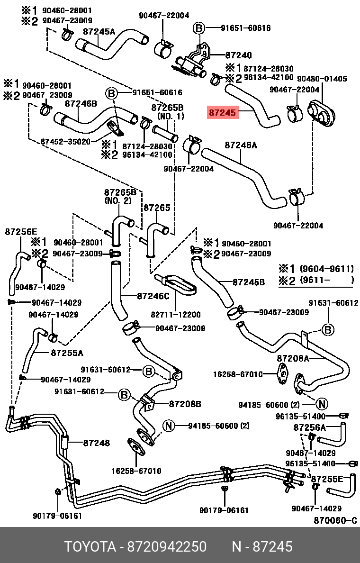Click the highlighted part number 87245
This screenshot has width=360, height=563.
click(x=222, y=113)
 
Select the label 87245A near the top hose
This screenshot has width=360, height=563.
click(x=99, y=32)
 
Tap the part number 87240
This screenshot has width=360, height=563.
click(x=239, y=55)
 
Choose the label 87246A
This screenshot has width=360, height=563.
click(x=241, y=145)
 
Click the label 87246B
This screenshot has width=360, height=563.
click(x=81, y=103)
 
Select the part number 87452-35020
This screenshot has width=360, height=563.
click(x=65, y=141)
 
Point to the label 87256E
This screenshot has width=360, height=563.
click(x=21, y=232)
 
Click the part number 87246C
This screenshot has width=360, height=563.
click(x=153, y=296)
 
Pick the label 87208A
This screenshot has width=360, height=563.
click(x=293, y=358)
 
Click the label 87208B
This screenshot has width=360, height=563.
click(x=185, y=404)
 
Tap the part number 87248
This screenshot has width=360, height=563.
click(x=97, y=443)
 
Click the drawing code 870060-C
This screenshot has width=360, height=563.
click(x=335, y=520)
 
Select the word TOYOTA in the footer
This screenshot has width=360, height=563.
click(x=90, y=547)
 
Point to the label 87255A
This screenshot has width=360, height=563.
click(x=67, y=353)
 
